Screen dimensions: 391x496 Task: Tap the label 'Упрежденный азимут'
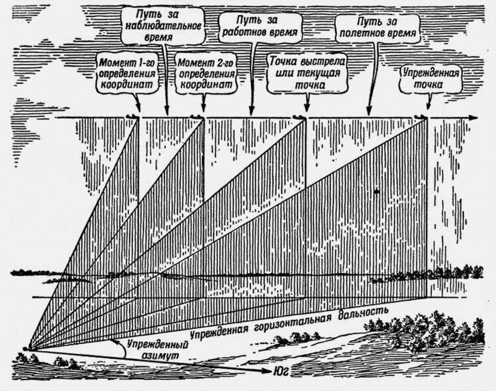tap(154, 351)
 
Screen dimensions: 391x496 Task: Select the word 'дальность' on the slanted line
tap(365, 313)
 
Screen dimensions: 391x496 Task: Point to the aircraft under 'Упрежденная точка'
tap(421, 117)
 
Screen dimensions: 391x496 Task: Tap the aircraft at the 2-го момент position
tap(196, 115)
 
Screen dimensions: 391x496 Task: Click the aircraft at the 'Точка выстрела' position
tap(299, 116)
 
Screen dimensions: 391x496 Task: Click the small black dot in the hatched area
tap(377, 191)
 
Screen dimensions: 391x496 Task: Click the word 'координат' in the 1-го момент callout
tap(129, 85)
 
